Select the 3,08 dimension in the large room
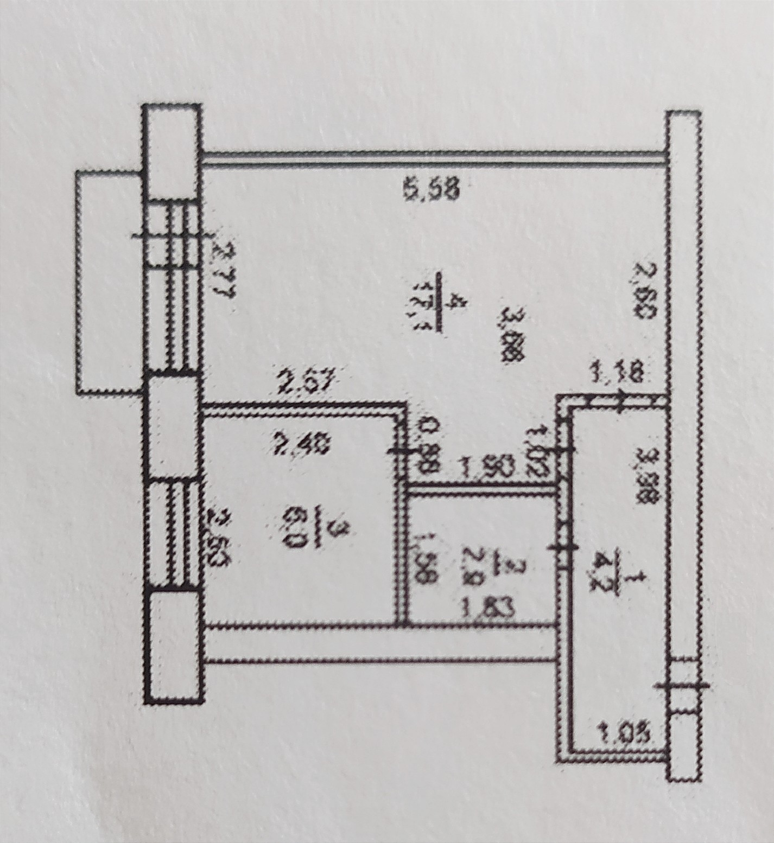click(512, 336)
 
